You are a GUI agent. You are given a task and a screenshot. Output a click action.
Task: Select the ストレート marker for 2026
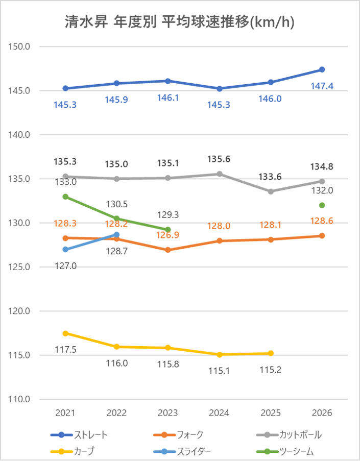click(322, 69)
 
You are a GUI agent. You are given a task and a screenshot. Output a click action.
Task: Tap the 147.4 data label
click(322, 86)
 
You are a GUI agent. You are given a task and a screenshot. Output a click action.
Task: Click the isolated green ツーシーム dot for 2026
click(322, 205)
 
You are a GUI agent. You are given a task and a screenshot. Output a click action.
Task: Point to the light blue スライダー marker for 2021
click(65, 249)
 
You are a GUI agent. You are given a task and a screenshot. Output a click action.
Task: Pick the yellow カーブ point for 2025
click(270, 353)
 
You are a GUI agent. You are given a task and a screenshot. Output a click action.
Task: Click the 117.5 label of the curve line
click(65, 350)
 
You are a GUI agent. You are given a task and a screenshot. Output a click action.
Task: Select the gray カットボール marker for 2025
click(270, 191)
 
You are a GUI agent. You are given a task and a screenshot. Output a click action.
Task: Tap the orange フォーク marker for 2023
click(168, 250)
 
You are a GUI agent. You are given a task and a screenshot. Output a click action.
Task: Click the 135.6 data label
click(219, 159)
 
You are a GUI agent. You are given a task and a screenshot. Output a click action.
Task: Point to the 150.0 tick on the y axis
click(19, 46)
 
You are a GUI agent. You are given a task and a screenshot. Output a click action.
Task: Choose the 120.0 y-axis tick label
click(19, 311)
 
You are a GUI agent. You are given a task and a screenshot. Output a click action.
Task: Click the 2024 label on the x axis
click(219, 413)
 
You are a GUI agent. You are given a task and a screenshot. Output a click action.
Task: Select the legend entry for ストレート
click(79, 435)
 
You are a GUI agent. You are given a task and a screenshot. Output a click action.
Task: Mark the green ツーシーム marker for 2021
click(65, 197)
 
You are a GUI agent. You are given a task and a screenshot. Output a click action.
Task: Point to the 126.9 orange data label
click(168, 235)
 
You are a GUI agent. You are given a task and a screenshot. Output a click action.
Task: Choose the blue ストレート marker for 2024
click(219, 88)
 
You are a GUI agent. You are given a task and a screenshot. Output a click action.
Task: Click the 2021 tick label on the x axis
click(65, 413)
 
